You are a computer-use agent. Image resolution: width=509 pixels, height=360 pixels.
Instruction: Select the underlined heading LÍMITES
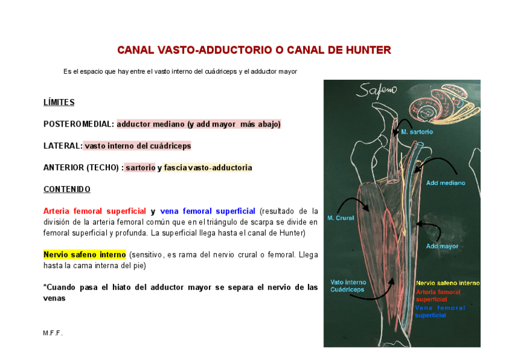59,103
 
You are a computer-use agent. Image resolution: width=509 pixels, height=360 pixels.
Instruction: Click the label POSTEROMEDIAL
78,124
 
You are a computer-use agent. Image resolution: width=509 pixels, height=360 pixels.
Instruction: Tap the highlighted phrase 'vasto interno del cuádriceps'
137,146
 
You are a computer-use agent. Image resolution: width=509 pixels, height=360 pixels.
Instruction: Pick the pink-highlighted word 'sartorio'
140,167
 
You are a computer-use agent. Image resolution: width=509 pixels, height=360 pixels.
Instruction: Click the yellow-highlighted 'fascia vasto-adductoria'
208,167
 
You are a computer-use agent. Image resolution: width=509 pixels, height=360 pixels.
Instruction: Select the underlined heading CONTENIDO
67,190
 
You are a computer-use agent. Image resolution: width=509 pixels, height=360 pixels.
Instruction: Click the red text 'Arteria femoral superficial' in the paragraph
95,211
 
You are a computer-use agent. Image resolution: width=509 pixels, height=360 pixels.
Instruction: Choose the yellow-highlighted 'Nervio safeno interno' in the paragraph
85,254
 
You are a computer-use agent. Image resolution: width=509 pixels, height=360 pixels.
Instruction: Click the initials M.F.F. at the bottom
53,333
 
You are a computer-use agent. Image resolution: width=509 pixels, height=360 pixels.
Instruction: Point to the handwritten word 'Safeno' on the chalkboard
376,92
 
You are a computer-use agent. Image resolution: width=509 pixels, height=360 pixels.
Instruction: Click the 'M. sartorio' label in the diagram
417,131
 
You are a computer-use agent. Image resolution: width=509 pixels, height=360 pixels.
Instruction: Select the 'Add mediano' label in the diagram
445,183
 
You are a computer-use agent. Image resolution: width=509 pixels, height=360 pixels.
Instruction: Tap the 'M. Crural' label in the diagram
340,218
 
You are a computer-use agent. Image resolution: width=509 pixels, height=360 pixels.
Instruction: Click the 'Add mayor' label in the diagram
442,246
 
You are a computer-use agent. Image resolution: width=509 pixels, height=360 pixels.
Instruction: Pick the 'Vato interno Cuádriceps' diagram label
348,286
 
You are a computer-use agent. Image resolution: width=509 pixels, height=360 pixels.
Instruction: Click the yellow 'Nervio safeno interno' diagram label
447,283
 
